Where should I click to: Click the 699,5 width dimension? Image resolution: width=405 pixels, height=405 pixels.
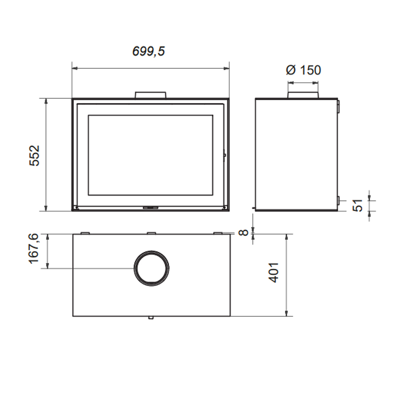[148, 51]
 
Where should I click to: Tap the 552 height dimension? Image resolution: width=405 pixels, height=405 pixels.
[34, 155]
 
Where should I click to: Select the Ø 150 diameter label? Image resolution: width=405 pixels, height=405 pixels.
[303, 70]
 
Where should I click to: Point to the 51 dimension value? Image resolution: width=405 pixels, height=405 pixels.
[358, 206]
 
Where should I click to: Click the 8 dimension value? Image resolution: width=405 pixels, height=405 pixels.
[244, 232]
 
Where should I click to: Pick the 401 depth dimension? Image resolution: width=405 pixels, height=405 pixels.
[274, 272]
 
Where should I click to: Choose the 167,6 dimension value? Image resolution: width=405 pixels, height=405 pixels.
[34, 249]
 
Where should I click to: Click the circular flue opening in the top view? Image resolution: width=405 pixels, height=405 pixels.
[151, 268]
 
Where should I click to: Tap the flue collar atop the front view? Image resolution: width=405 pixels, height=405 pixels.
[150, 95]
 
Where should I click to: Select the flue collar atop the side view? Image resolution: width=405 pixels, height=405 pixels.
[303, 95]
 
